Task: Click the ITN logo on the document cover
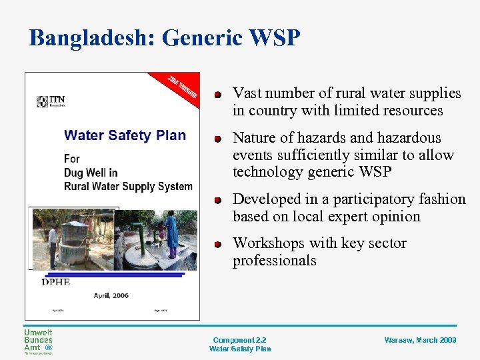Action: click(51, 101)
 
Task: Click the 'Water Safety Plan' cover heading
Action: click(125, 135)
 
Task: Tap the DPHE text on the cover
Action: click(56, 282)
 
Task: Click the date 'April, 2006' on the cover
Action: click(111, 295)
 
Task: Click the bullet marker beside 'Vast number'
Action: click(217, 94)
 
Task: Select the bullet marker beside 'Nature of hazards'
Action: click(217, 139)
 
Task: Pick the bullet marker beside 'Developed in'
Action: click(217, 200)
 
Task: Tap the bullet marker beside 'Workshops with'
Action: click(217, 244)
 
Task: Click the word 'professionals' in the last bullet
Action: click(274, 261)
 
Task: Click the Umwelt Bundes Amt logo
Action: click(38, 341)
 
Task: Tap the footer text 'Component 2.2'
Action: click(239, 340)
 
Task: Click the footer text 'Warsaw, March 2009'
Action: click(420, 340)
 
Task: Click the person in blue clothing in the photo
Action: click(172, 233)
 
